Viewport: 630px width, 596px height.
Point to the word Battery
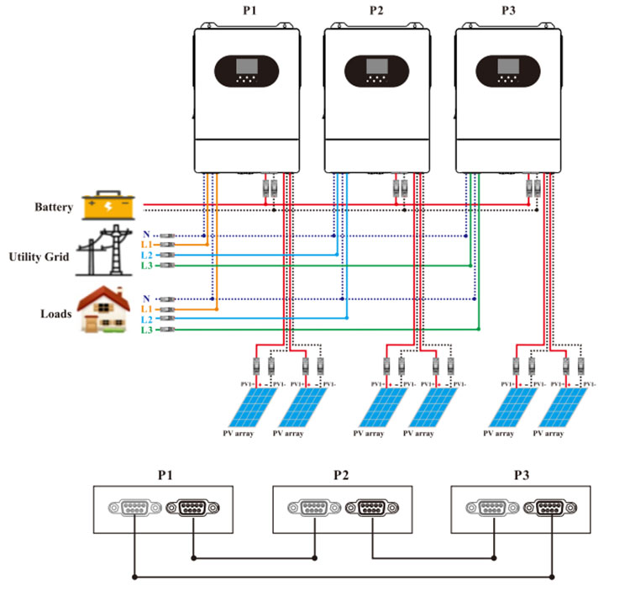[54, 207]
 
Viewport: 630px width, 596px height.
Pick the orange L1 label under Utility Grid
[147, 244]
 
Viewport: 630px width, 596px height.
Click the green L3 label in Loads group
[147, 331]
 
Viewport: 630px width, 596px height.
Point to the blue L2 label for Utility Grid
[147, 255]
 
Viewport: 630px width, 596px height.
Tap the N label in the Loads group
[147, 298]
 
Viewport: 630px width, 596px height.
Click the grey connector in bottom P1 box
[134, 509]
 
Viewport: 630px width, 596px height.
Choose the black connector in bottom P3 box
[550, 509]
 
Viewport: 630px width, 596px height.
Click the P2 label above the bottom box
[340, 475]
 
